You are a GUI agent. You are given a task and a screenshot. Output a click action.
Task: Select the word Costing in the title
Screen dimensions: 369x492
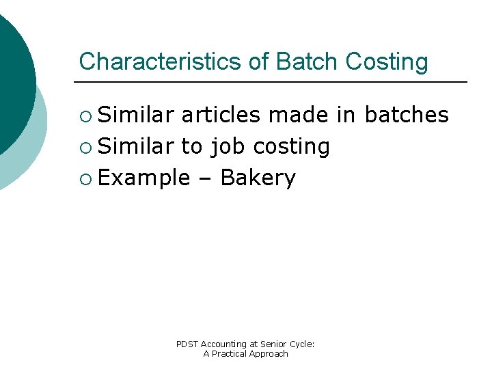click(x=387, y=61)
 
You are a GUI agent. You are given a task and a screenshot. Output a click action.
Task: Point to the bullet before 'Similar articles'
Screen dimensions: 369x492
click(x=85, y=115)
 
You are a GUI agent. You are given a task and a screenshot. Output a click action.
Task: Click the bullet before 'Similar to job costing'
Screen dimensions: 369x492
click(x=85, y=147)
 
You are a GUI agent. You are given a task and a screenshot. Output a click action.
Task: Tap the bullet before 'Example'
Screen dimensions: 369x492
click(x=85, y=178)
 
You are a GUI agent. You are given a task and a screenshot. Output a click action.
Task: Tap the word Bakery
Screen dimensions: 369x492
click(x=258, y=178)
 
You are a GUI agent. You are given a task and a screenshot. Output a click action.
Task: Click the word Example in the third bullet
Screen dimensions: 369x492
click(x=144, y=178)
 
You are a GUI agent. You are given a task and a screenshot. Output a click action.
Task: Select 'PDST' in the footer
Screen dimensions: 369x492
click(x=186, y=344)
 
